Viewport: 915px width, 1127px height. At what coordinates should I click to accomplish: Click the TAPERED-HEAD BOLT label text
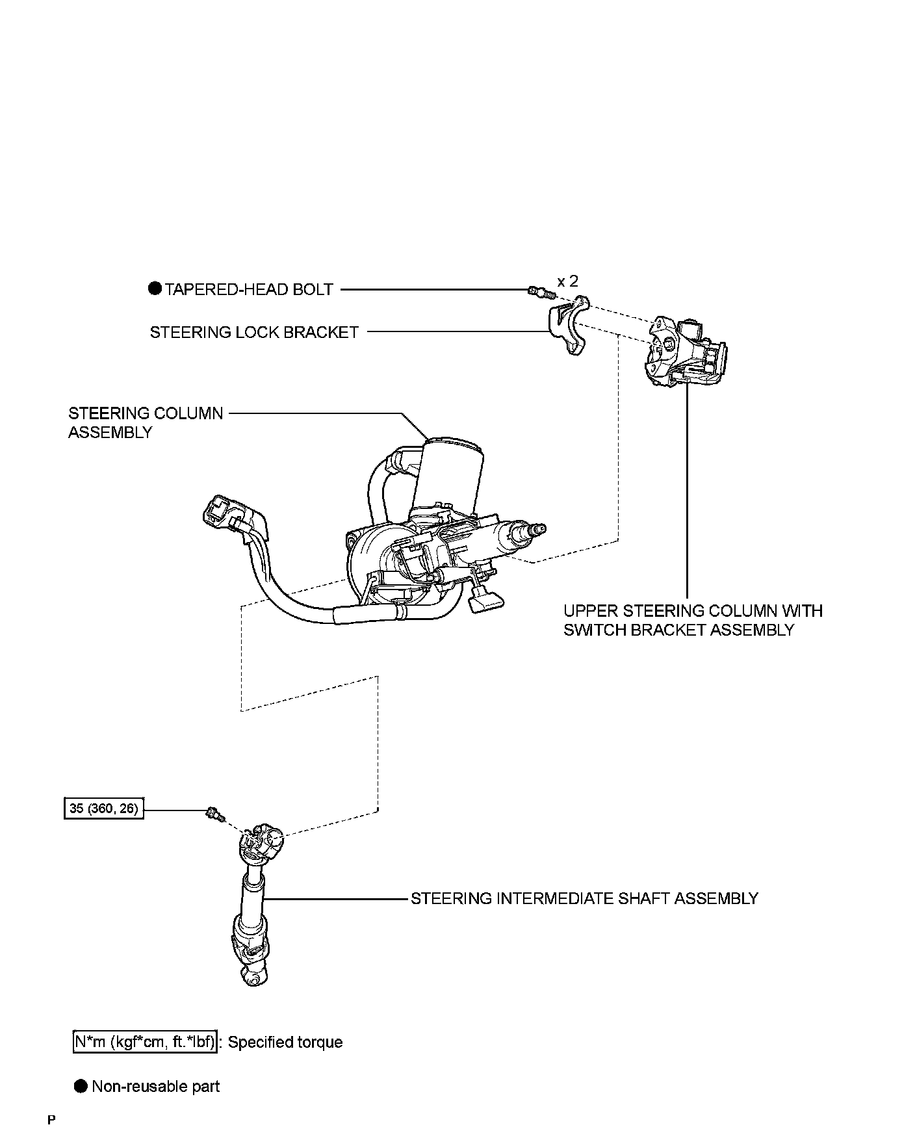click(249, 289)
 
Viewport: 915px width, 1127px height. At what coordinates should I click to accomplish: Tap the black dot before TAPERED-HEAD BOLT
click(155, 289)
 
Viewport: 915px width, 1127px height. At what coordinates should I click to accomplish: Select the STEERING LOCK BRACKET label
click(254, 332)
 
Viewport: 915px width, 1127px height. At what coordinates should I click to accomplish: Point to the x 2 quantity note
click(567, 281)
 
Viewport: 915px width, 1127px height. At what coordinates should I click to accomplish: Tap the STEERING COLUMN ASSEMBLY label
click(146, 422)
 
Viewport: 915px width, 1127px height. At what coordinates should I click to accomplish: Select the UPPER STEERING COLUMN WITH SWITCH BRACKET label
click(693, 620)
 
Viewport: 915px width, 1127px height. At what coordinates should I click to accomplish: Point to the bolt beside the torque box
click(214, 813)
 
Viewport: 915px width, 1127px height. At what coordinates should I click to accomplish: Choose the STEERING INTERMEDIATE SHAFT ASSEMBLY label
click(584, 898)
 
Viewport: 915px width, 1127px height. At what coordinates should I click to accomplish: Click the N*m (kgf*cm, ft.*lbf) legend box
click(143, 1042)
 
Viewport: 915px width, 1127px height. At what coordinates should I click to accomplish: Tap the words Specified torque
click(285, 1042)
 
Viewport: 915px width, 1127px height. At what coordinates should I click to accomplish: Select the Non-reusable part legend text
click(155, 1086)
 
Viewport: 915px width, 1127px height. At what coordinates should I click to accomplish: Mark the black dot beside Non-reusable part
click(81, 1086)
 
